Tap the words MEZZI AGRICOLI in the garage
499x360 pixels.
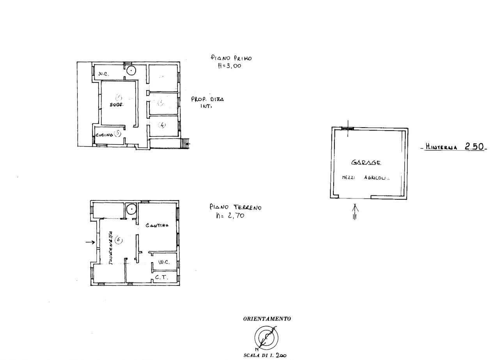(x=366, y=177)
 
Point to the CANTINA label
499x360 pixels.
(x=157, y=225)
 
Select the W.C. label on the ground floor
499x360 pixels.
(x=163, y=262)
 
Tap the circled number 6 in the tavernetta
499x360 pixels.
(x=119, y=241)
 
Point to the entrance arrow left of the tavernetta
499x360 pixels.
(x=90, y=243)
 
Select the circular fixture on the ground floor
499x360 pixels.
(x=132, y=209)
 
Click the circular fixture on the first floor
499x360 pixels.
(x=132, y=71)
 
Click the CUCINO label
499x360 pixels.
(x=104, y=135)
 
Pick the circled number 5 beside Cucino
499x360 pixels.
(x=118, y=133)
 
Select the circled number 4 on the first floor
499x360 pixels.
(x=162, y=125)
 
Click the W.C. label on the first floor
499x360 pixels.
(x=103, y=74)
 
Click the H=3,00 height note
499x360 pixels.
(x=229, y=66)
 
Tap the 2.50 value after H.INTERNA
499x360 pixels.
(x=474, y=147)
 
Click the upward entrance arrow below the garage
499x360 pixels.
(x=355, y=212)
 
